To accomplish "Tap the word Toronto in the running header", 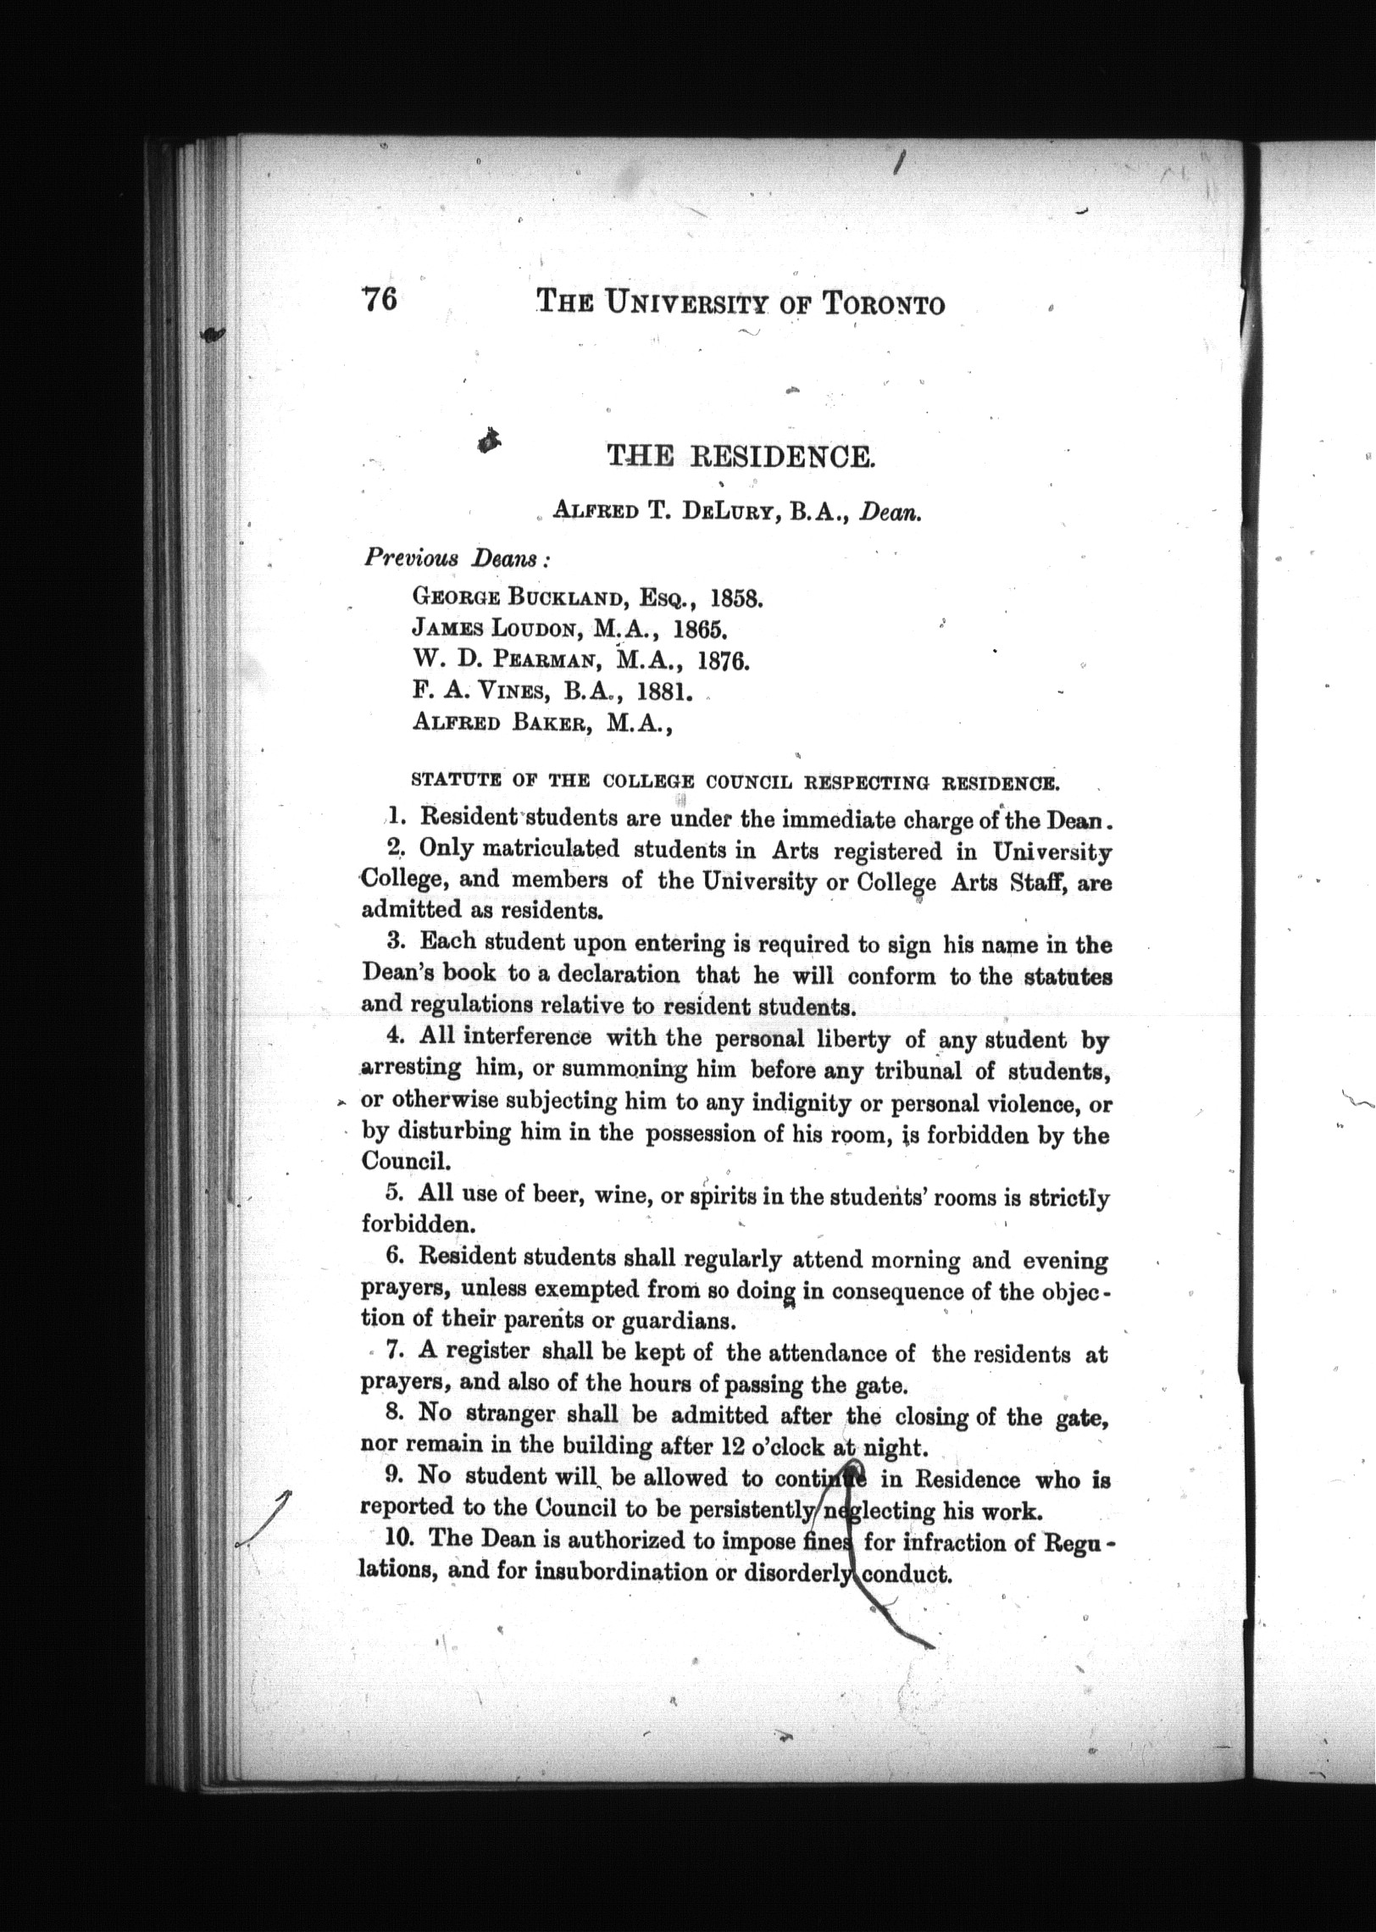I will point(884,304).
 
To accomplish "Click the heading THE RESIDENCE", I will point(738,458).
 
